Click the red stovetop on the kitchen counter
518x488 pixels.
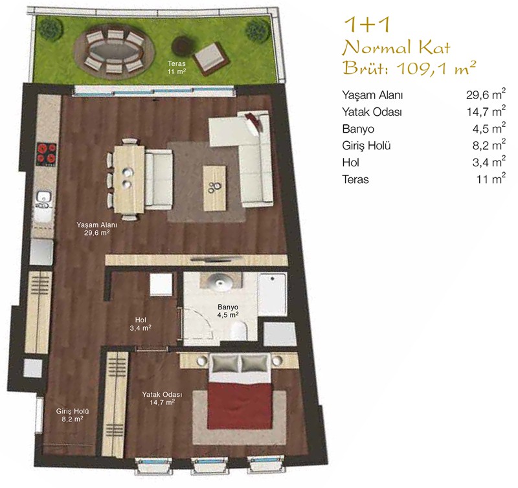click(x=46, y=154)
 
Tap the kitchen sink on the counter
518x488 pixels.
click(x=44, y=199)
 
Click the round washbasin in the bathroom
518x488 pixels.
click(x=220, y=282)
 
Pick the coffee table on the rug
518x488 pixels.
click(x=215, y=188)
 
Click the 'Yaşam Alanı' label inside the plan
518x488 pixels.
click(x=96, y=225)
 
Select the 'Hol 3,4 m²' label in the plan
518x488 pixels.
click(x=141, y=324)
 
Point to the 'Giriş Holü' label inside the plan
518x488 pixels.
click(x=73, y=412)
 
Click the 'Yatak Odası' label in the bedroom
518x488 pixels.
click(x=162, y=395)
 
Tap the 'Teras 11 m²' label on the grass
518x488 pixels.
click(x=176, y=67)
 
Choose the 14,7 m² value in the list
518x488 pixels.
click(x=486, y=111)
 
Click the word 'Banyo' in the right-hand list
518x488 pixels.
click(x=358, y=129)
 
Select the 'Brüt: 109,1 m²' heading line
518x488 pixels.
click(x=409, y=68)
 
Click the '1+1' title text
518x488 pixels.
click(x=367, y=25)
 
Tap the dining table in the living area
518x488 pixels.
click(x=129, y=179)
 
